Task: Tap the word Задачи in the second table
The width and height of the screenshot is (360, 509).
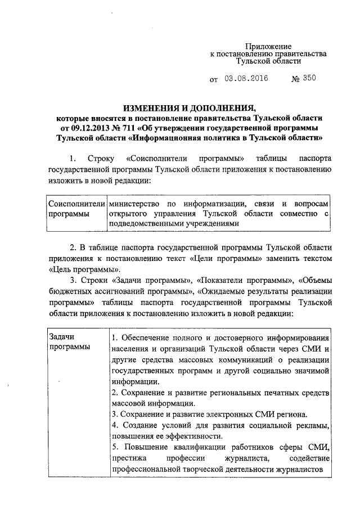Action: (62, 336)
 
